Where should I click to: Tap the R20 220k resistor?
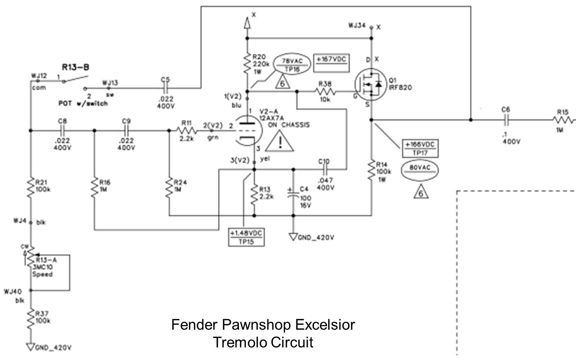pyautogui.click(x=247, y=64)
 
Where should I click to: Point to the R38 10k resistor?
pyautogui.click(x=325, y=92)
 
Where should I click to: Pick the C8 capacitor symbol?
pyautogui.click(x=62, y=130)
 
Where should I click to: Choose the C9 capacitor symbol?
pyautogui.click(x=126, y=130)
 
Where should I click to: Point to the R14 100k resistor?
pyautogui.click(x=371, y=170)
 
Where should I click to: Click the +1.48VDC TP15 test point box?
pyautogui.click(x=246, y=237)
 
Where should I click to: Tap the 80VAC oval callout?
pyautogui.click(x=420, y=170)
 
